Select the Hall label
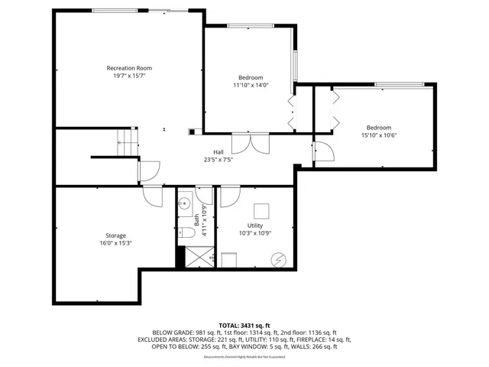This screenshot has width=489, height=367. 218,151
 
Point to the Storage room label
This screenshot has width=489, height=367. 116,235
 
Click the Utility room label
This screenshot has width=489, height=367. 255,226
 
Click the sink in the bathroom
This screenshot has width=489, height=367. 184,205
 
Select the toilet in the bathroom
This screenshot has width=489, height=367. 185,234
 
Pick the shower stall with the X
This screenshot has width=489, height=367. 199,255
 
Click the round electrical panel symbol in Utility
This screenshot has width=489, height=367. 277,261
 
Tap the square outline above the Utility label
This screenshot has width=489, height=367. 262,210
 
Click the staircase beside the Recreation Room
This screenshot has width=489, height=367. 125,140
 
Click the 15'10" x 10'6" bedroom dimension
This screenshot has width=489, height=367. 378,135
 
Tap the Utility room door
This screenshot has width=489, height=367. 229,196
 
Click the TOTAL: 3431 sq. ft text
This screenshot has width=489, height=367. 244,324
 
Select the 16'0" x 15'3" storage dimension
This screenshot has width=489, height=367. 116,243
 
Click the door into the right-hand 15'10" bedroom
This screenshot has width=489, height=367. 324,151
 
